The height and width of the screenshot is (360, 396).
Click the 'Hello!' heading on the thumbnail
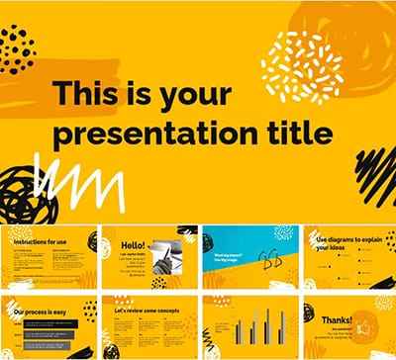pos(132,243)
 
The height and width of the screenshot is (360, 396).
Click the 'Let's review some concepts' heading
pos(145,309)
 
